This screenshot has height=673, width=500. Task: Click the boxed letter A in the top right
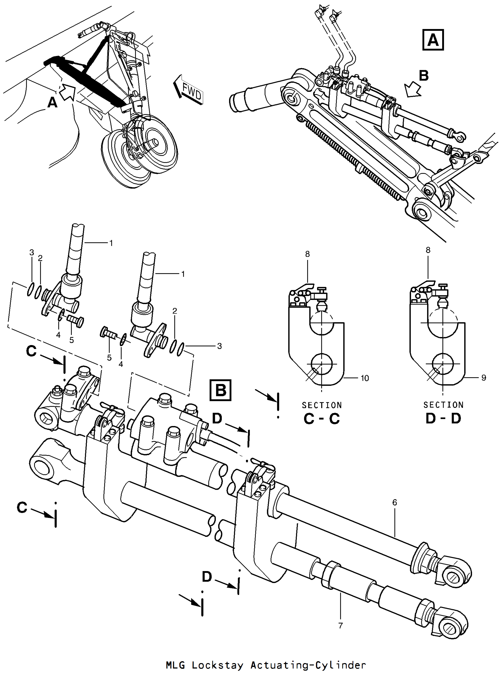[433, 40]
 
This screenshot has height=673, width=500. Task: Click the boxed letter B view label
[220, 390]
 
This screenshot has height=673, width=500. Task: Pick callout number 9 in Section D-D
[484, 378]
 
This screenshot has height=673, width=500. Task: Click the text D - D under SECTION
[443, 418]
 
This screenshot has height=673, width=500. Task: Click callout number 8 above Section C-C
[307, 254]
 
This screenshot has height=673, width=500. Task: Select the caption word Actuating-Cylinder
[308, 665]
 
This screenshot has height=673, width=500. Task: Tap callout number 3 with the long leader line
[219, 346]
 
